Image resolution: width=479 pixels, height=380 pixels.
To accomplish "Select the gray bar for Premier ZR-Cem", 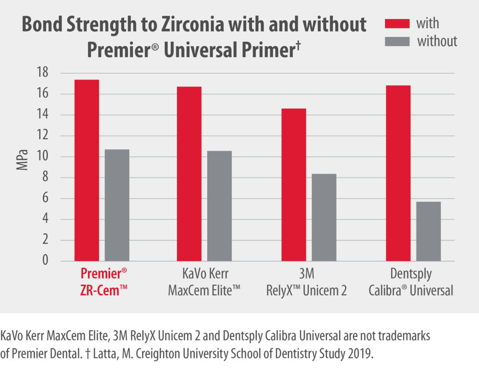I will pos(117,205).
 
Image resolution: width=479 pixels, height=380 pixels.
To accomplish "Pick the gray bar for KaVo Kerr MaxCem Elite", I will pos(219,206).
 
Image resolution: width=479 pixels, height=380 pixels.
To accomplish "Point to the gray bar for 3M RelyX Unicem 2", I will pos(324,218).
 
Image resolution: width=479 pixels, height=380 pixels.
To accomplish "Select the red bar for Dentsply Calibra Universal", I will pos(398,173).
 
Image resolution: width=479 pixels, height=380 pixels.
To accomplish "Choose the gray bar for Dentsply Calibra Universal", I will pos(428,232).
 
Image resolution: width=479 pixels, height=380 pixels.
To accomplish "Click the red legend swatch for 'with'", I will pos(397,24).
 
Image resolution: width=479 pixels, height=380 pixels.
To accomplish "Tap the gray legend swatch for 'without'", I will pos(397,41).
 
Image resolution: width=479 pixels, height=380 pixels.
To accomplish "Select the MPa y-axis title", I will pos(22,160).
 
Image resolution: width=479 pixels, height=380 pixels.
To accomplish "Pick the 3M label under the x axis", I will pos(307,275).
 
